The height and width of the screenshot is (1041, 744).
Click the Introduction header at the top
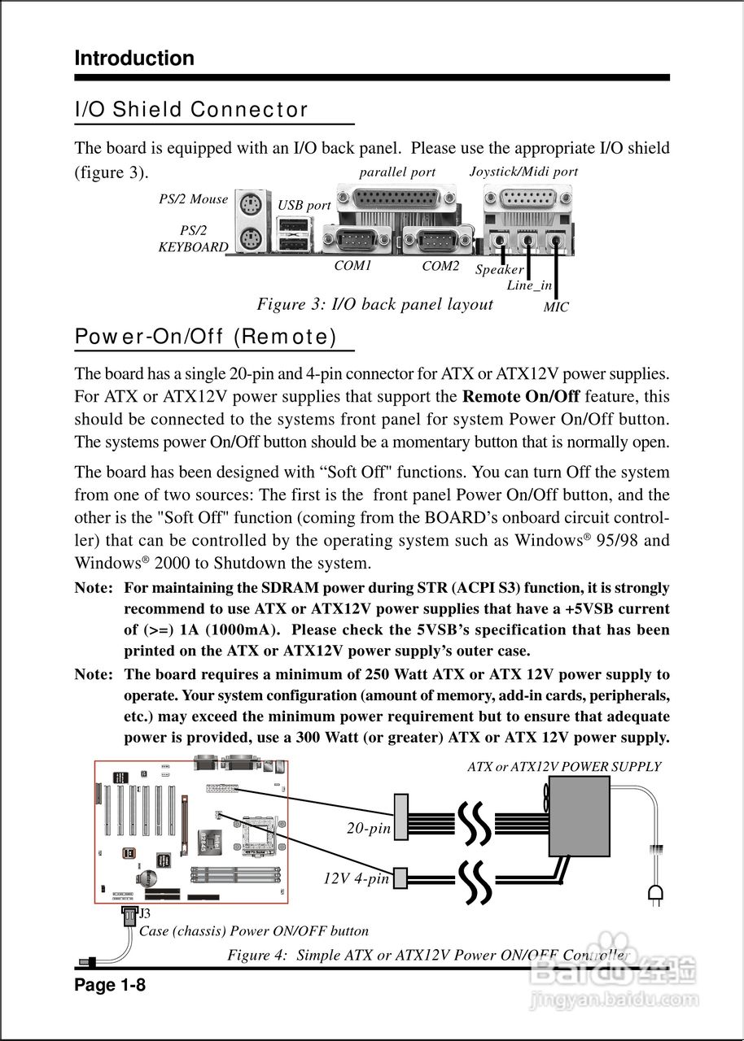point(134,59)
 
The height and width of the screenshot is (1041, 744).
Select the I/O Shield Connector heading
point(191,110)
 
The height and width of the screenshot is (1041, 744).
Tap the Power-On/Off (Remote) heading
point(205,337)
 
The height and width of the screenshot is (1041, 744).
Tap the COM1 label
point(352,266)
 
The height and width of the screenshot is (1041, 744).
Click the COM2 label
point(440,266)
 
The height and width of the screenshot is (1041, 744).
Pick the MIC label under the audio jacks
point(556,307)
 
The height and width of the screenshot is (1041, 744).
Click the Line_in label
point(529,285)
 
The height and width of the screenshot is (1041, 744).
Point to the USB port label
point(304,206)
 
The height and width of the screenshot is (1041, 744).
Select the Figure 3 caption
point(374,305)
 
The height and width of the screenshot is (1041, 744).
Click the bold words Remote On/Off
point(521,398)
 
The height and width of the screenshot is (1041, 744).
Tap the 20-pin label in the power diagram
point(369,829)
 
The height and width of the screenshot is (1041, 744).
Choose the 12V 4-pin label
point(357,879)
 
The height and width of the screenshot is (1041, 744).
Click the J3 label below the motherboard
point(145,914)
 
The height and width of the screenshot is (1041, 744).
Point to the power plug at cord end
point(654,895)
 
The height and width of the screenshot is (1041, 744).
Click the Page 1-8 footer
point(110,987)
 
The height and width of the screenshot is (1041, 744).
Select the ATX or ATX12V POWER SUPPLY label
point(564,767)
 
